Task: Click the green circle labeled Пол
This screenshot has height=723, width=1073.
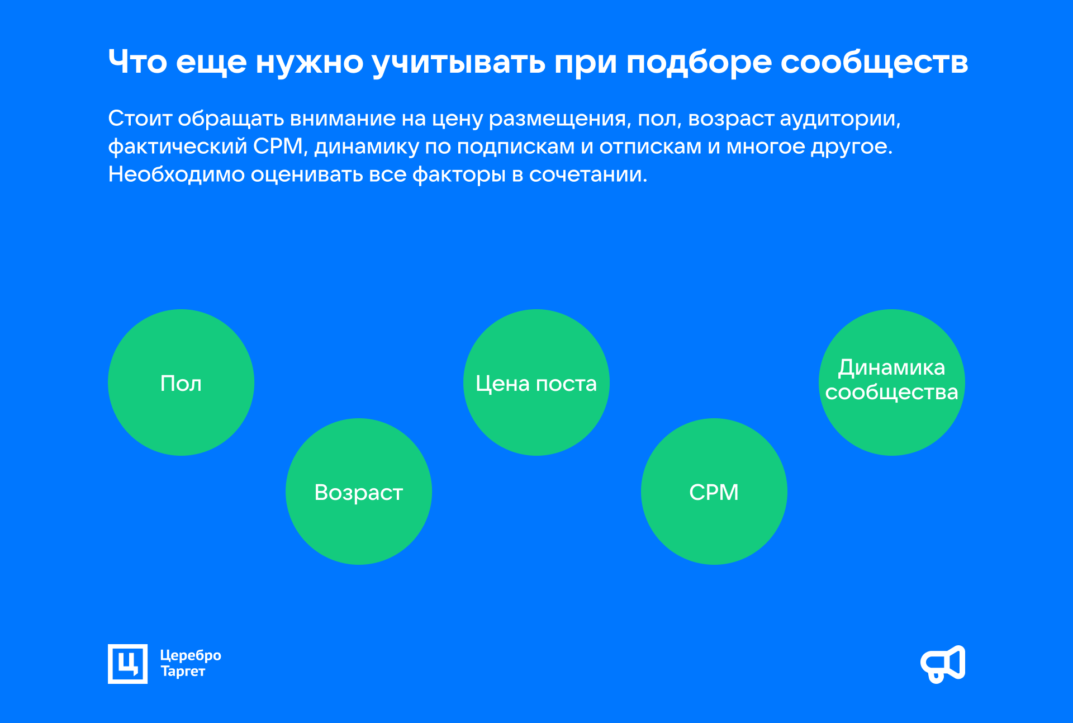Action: point(181,382)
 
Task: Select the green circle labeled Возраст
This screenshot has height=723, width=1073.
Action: point(359,492)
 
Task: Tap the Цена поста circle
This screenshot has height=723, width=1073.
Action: point(536,382)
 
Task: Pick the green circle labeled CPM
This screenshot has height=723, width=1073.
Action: point(714,492)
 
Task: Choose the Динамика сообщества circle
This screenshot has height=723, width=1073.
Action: point(892,382)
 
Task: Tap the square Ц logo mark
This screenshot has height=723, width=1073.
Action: point(128,664)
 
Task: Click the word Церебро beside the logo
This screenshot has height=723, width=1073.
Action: point(191,656)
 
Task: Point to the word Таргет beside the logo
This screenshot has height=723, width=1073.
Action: point(183,672)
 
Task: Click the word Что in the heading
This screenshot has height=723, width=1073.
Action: point(137,62)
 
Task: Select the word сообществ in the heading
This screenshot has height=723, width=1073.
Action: point(874,63)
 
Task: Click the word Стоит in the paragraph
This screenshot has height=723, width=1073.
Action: point(140,119)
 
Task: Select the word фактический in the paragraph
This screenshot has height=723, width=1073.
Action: point(177,147)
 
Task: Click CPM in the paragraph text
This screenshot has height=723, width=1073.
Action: point(278,147)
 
